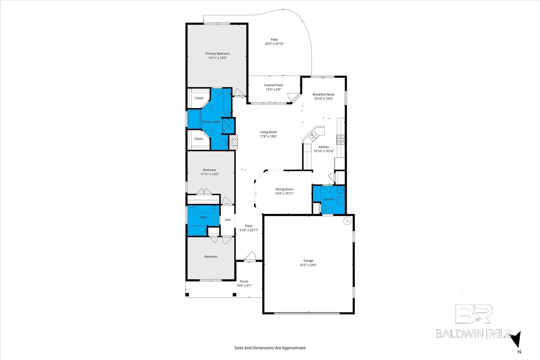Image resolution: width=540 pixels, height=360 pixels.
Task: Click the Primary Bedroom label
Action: coord(218,53)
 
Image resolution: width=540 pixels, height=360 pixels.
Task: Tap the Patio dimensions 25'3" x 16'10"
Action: coord(274,44)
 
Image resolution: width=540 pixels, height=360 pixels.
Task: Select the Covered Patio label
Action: coord(273,85)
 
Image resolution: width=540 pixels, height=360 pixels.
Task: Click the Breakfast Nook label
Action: coord(323,94)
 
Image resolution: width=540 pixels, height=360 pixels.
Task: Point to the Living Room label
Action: coord(268,132)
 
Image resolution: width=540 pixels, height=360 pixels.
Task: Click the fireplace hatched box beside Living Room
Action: coord(234,143)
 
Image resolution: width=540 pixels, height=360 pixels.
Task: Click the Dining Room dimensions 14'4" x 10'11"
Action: coord(284,193)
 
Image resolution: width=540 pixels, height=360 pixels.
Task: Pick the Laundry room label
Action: coord(329,199)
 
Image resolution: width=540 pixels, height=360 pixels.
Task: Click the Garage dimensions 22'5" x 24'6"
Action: coord(308,265)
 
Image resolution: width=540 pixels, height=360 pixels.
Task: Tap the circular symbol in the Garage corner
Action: coord(347,221)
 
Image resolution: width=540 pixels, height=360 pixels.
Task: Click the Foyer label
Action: coord(249,226)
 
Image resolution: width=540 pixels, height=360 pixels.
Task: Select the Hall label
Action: coord(228,220)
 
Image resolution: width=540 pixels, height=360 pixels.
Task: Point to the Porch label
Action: coord(244,281)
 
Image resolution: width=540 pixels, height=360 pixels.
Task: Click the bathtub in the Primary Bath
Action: coord(195,119)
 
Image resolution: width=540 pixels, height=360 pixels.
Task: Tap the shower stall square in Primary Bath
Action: coord(229,125)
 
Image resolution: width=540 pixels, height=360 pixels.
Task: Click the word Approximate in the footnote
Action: coord(294,348)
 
